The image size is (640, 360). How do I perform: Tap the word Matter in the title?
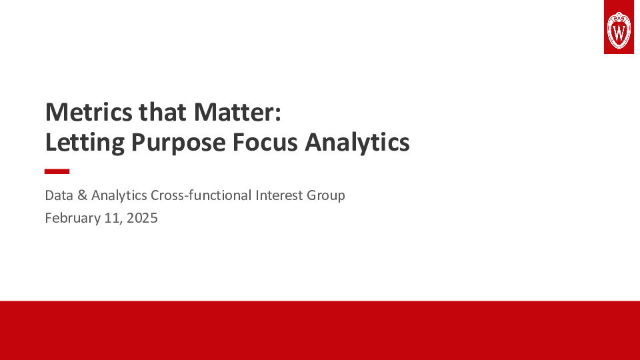(x=233, y=112)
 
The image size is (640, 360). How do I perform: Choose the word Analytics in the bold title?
(x=358, y=142)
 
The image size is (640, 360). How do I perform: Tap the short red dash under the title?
(x=57, y=171)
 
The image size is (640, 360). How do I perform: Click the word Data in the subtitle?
(x=58, y=196)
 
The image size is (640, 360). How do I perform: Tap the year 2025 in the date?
(x=142, y=217)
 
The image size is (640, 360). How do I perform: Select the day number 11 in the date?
(x=111, y=217)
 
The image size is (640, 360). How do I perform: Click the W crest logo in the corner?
(x=619, y=28)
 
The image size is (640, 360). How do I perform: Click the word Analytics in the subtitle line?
(x=119, y=196)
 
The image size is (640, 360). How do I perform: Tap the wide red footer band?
(x=320, y=330)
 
